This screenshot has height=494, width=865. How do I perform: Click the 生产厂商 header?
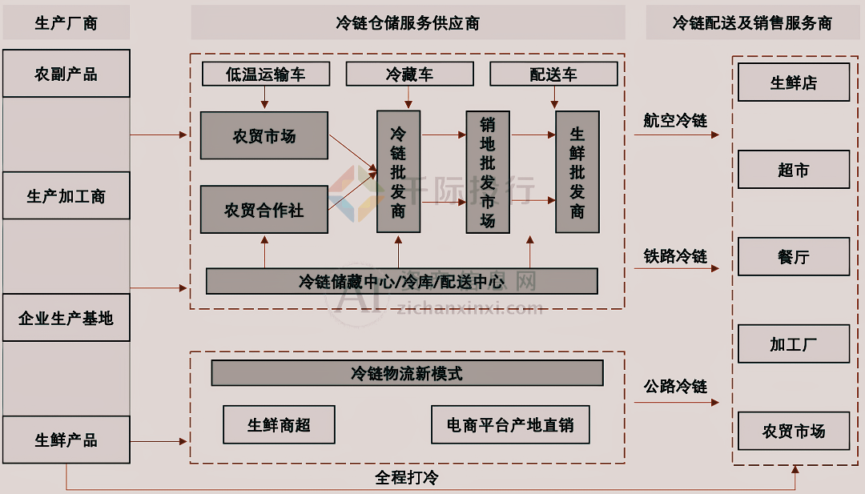click(x=66, y=22)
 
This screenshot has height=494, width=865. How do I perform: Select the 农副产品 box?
click(x=66, y=74)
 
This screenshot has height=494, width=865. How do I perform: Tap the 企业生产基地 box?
click(x=66, y=318)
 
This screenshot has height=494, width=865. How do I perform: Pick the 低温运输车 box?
click(x=265, y=74)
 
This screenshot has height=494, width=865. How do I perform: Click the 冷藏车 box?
click(x=409, y=74)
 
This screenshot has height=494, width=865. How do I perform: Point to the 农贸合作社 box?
click(x=264, y=210)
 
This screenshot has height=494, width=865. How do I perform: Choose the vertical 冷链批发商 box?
click(x=398, y=172)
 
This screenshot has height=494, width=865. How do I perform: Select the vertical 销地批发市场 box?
click(x=488, y=172)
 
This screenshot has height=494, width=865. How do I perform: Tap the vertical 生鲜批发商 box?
click(x=577, y=172)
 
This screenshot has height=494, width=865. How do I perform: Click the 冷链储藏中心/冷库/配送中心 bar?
click(x=401, y=281)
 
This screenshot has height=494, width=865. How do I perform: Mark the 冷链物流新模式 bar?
click(x=407, y=373)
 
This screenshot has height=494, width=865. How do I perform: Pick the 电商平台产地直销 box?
click(x=510, y=424)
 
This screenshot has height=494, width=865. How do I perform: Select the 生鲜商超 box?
click(x=279, y=424)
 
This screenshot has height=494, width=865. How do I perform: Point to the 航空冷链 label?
click(x=675, y=120)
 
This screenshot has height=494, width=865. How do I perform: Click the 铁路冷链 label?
click(x=675, y=256)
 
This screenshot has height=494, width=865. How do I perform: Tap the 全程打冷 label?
click(x=407, y=478)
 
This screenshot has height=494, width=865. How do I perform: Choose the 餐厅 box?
click(x=793, y=256)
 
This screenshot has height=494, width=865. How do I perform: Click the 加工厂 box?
click(x=793, y=344)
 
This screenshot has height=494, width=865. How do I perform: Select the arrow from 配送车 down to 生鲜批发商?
click(x=554, y=98)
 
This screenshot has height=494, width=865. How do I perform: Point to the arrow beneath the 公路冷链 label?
click(x=676, y=404)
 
